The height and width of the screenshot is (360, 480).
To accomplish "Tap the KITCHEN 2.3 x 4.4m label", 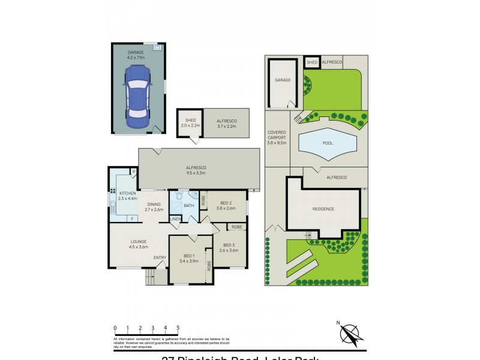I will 127,196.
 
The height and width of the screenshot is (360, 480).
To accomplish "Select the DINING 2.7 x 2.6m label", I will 154,207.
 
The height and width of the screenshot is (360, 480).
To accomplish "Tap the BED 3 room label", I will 230,247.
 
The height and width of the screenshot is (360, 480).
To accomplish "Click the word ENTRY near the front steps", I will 160,258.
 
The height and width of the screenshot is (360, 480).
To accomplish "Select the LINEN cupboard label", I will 175,220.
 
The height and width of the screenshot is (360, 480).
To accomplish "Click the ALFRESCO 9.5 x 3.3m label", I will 196,170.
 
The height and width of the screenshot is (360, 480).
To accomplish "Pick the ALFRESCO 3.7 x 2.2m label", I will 227,123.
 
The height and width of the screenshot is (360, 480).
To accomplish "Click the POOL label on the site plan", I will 328,143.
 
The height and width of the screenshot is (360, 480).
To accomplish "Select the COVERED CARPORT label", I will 277,137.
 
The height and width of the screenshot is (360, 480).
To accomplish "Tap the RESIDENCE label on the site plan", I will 323,209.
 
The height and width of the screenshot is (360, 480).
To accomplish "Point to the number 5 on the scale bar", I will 178,328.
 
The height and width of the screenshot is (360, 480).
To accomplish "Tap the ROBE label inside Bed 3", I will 237,227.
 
